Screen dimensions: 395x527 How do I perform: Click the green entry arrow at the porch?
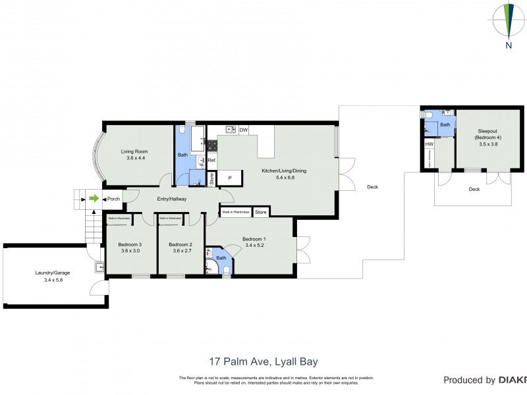pyautogui.click(x=94, y=198)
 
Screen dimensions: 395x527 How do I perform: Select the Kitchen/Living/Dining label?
pyautogui.click(x=283, y=171)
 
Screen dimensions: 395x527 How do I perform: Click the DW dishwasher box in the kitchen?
pyautogui.click(x=243, y=130)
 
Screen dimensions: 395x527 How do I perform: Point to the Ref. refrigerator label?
pyautogui.click(x=212, y=160)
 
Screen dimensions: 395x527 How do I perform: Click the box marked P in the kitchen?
pyautogui.click(x=230, y=178)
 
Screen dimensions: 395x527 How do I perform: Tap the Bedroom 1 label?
pyautogui.click(x=254, y=238)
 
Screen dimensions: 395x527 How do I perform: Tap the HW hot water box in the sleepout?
pyautogui.click(x=429, y=144)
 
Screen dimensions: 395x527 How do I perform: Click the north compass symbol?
pyautogui.click(x=509, y=24)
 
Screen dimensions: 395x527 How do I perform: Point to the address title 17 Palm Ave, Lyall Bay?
pyautogui.click(x=263, y=361)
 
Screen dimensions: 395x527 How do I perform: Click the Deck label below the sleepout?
pyautogui.click(x=474, y=189)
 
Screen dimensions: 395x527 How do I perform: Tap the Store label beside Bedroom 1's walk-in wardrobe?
pyautogui.click(x=261, y=212)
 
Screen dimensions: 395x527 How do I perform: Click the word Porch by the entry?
pyautogui.click(x=113, y=199)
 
